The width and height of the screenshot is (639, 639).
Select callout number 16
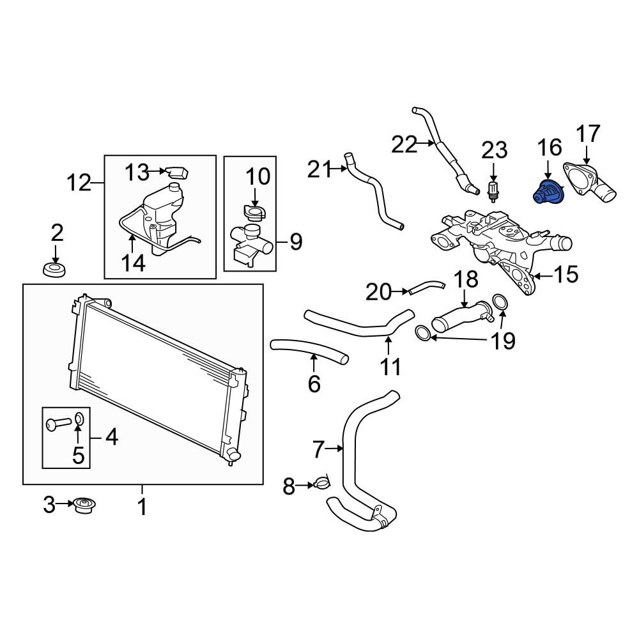click(x=550, y=148)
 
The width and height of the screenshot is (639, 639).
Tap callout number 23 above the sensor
click(x=495, y=150)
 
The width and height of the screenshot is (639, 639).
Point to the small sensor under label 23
click(x=493, y=191)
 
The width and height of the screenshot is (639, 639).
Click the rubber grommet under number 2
click(x=55, y=270)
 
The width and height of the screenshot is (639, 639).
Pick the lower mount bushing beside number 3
click(x=84, y=505)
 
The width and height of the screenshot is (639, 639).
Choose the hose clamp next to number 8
click(x=321, y=484)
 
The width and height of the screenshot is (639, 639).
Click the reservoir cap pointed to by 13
click(x=177, y=173)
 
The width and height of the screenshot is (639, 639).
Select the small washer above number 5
click(x=79, y=418)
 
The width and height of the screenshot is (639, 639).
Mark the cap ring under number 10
click(x=254, y=212)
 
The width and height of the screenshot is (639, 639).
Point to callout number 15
click(x=566, y=275)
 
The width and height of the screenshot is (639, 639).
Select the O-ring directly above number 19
click(x=500, y=302)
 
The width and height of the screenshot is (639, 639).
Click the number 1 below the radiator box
click(x=141, y=507)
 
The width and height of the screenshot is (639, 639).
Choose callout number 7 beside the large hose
click(x=318, y=449)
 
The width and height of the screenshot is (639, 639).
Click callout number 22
click(x=404, y=144)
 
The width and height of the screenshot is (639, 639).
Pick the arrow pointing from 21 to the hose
click(x=339, y=167)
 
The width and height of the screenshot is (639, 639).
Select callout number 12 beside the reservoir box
click(x=79, y=183)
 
